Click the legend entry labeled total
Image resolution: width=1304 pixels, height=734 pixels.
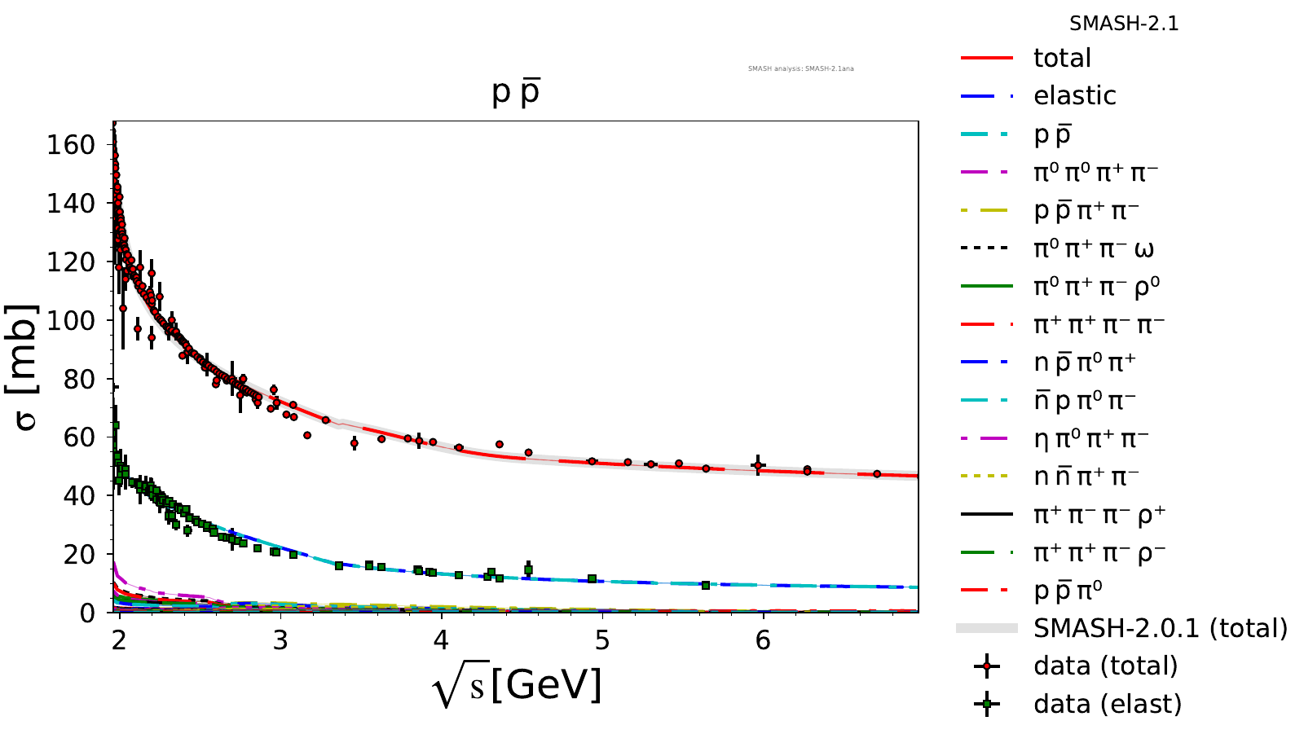1061,58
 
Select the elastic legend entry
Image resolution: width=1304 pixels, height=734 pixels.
1074,96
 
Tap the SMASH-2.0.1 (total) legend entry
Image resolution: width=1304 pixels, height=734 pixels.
1160,628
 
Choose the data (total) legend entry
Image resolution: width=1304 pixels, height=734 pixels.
1105,666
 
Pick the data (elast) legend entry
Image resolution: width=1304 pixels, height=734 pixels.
1107,704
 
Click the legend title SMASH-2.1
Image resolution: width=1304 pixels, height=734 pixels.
1124,24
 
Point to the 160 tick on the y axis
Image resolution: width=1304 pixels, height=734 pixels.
72,145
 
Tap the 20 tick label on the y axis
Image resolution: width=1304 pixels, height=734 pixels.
81,554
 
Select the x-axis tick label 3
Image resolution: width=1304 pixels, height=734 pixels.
280,640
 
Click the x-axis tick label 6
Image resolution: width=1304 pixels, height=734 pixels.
763,640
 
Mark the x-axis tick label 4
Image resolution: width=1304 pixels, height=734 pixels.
441,640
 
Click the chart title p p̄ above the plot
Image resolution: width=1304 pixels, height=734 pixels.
516,92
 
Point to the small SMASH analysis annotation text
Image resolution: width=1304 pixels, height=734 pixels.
800,68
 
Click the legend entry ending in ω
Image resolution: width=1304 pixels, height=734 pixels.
1093,249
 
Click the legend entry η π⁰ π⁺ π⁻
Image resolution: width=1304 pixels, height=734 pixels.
1090,439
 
